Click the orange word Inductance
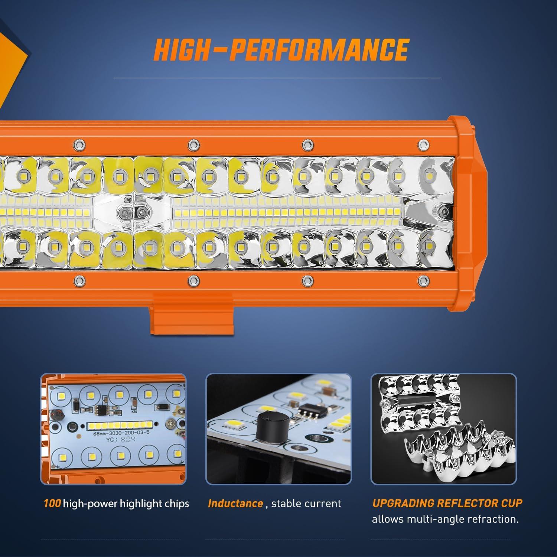[235, 504]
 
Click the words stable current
[306, 504]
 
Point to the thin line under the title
[277, 78]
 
